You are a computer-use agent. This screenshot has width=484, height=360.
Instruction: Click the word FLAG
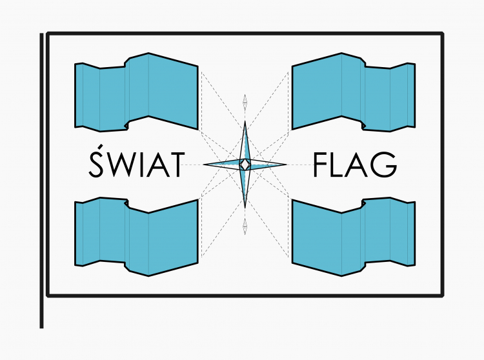354,165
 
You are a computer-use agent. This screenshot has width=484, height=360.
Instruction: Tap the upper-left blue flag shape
136,94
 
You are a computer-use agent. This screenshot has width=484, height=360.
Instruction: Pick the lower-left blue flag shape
136,236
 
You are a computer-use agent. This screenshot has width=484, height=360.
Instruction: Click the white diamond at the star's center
245,165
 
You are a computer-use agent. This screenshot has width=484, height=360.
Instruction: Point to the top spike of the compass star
245,132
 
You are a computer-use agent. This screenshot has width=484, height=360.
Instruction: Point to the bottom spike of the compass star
245,197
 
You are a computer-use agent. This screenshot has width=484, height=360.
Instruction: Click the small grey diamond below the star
245,226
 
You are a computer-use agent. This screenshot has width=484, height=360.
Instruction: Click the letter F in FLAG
321,165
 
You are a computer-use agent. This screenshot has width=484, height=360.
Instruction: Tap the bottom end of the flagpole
42,325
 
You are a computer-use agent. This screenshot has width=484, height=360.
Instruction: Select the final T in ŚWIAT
175,165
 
